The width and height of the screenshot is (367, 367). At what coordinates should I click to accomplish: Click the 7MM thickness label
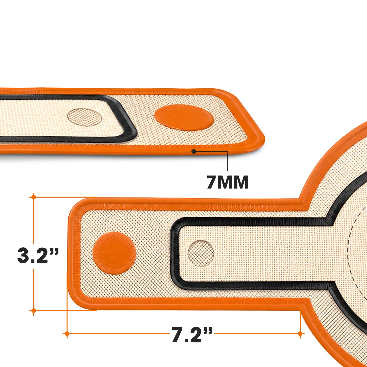point(228,182)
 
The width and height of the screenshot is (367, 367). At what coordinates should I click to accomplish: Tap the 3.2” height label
point(38,256)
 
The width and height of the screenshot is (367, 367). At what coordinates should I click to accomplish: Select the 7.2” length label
point(192,335)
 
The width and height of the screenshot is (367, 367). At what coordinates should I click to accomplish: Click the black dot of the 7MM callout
point(194,152)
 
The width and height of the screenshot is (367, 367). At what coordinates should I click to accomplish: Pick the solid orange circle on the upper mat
point(184,118)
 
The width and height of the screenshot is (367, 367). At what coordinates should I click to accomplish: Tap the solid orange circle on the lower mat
point(114,253)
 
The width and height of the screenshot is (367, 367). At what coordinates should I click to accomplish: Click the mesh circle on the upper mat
point(85,117)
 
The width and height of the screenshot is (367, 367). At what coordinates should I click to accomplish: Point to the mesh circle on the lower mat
point(201,253)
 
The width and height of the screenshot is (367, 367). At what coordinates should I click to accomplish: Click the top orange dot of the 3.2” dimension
point(34,197)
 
